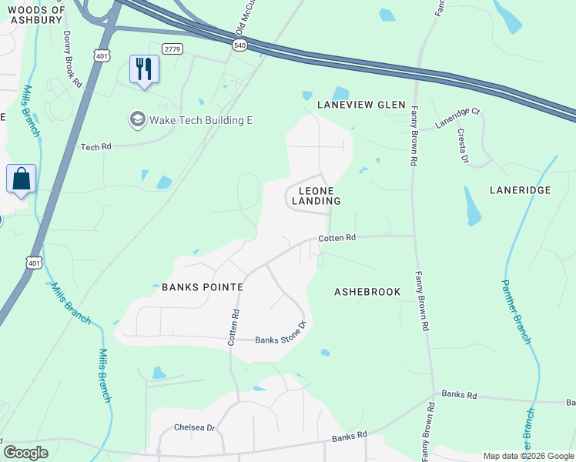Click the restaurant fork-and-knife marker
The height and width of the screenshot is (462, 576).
coord(144,69)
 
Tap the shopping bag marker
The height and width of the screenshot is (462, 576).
coord(21,179)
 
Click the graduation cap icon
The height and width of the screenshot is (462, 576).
coord(138,119)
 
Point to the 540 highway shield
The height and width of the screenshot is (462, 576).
coord(241,45)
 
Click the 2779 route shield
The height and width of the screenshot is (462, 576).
coord(173,49)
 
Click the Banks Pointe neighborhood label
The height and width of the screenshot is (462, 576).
coord(203,287)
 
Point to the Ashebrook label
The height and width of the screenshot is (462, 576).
coord(367,293)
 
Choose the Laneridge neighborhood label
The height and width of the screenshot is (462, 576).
coord(520,189)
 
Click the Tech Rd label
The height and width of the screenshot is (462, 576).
coord(96,146)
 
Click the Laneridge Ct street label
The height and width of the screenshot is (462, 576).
coord(457,117)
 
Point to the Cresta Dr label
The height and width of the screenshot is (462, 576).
coord(464,146)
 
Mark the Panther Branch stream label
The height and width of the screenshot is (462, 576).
coord(516,311)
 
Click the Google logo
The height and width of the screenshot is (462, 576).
coord(25,453)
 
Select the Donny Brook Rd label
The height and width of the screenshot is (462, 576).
coord(72,58)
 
